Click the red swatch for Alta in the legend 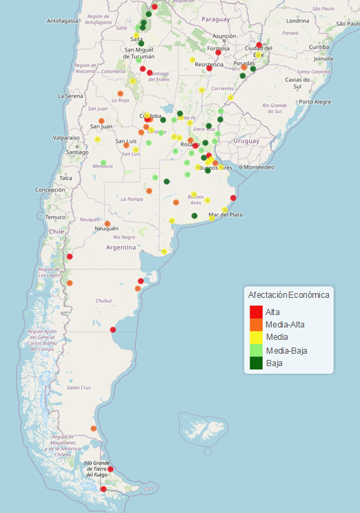point(256,312)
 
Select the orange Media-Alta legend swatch point(256,324)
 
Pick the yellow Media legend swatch point(256,336)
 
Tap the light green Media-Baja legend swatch point(256,350)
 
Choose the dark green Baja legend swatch point(256,362)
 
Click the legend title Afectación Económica point(288,294)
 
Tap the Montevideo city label point(259,168)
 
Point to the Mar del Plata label point(226,215)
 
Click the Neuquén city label point(106,229)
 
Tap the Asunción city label point(224,36)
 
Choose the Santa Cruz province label point(79,388)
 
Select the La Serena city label point(70,96)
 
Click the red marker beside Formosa point(219,52)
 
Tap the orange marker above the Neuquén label point(108,223)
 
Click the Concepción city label point(50,190)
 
